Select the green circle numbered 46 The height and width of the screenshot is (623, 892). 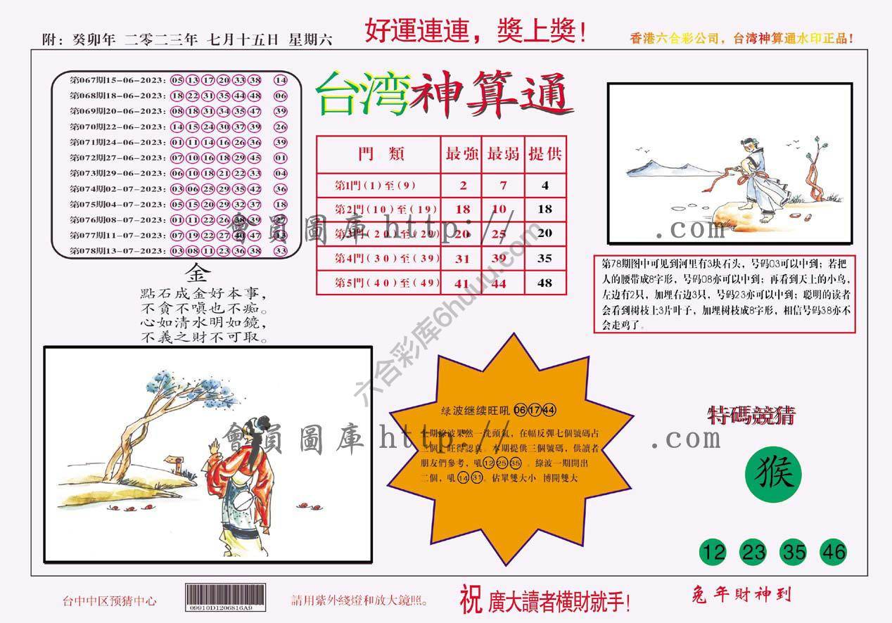[x=834, y=552]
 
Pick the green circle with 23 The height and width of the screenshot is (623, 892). [x=753, y=552]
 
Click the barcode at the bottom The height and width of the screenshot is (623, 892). [x=226, y=596]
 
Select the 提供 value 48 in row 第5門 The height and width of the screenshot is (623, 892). [x=545, y=283]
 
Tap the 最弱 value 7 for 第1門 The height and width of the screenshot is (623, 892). [x=503, y=186]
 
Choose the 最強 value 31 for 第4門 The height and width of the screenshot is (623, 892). [x=462, y=259]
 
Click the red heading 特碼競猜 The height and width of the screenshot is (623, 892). [x=752, y=416]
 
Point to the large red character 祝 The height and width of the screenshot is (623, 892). [x=471, y=599]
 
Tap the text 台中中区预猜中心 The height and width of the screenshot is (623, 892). [x=109, y=601]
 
